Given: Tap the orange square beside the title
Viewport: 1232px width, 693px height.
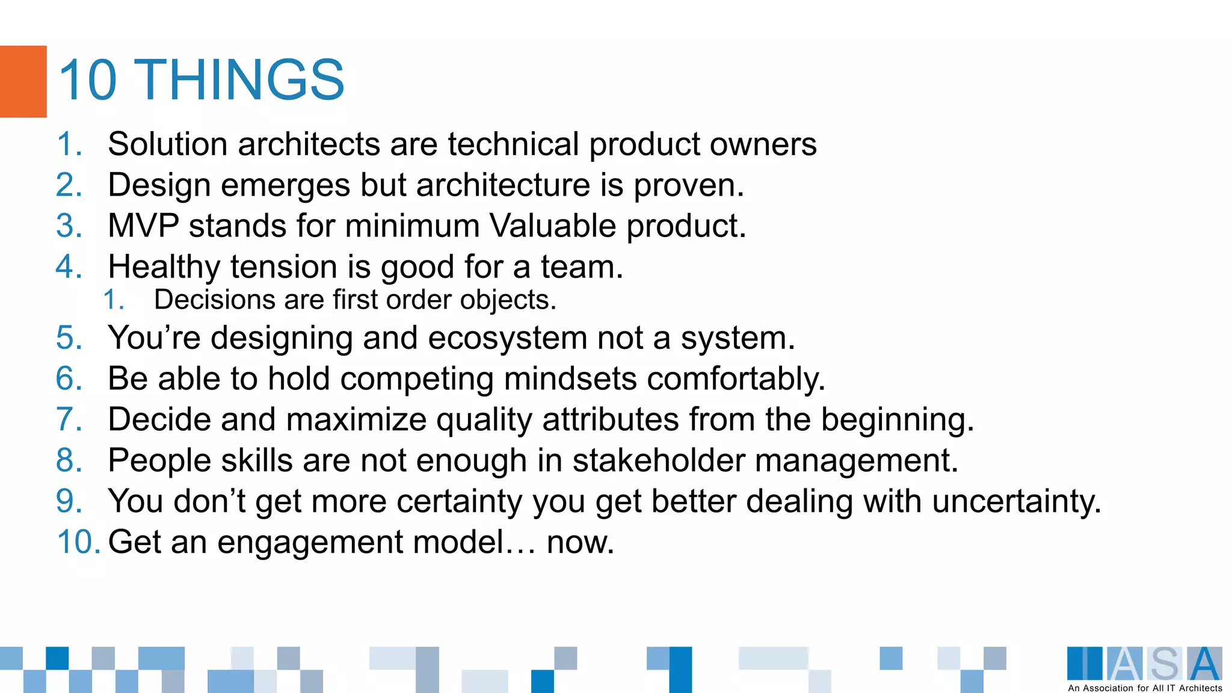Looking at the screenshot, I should [23, 81].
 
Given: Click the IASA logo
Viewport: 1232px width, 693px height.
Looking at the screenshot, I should [1144, 664].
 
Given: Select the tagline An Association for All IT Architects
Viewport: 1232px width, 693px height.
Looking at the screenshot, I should [1145, 688].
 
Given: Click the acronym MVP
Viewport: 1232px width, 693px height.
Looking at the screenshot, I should [143, 226].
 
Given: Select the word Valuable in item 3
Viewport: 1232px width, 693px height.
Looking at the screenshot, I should [552, 226].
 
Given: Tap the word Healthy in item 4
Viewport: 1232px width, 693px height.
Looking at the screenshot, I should [164, 267].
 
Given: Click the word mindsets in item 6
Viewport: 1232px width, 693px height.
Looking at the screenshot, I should [570, 379].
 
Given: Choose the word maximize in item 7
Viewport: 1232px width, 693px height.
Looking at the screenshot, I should [356, 420].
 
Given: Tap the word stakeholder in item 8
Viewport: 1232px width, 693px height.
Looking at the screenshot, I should [658, 461].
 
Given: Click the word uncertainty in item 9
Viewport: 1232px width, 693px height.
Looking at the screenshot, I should [1016, 502].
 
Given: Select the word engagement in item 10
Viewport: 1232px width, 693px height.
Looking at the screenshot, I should [310, 543].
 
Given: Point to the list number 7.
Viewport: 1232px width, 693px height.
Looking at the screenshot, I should [69, 420].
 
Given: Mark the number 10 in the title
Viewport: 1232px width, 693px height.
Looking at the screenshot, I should [87, 80].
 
